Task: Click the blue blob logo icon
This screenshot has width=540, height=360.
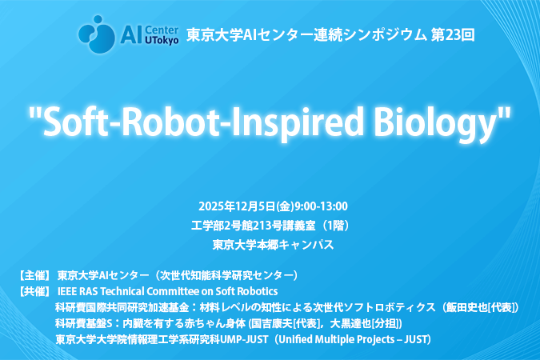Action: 97,34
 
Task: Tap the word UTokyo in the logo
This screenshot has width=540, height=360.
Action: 162,41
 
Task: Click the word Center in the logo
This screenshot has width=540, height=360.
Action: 162,30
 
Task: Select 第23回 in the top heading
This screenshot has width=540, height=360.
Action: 453,35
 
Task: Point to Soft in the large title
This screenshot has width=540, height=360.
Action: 75,122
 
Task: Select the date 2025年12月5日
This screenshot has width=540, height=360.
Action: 237,206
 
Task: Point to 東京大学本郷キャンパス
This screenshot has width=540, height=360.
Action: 273,245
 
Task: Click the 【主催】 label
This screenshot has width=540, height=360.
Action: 34,275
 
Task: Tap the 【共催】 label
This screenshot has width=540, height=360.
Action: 34,291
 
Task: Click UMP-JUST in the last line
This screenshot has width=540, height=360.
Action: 244,340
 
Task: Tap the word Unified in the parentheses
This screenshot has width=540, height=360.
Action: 293,340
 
